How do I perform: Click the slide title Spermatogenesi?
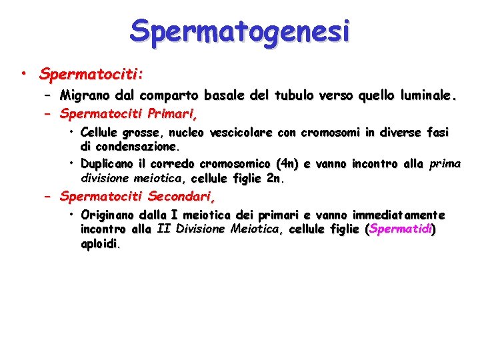click(x=240, y=31)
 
